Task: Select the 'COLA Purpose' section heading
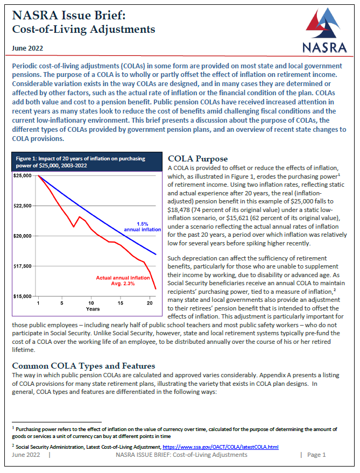point(197,159)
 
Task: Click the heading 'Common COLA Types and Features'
point(83,366)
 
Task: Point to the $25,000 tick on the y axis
point(23,175)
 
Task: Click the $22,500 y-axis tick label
point(23,206)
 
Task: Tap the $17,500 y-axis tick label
point(23,266)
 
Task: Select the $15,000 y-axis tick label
point(23,296)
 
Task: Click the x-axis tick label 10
point(91,303)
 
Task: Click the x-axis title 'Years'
point(93,309)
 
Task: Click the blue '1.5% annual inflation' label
point(142,226)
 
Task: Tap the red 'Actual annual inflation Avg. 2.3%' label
point(123,280)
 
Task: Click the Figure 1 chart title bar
point(87,162)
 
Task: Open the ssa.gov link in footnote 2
point(220,447)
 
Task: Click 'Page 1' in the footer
point(316,455)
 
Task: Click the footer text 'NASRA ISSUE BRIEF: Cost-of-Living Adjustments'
point(181,455)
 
